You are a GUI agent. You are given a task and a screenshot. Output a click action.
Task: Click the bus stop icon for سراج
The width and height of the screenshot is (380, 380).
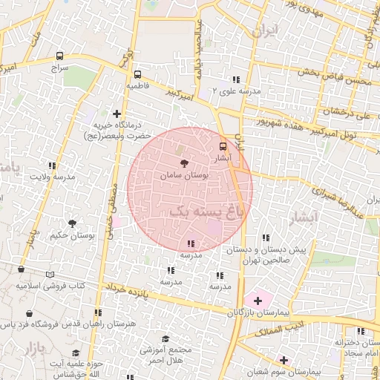59,56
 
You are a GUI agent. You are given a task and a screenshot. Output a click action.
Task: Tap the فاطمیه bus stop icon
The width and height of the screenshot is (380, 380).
137,75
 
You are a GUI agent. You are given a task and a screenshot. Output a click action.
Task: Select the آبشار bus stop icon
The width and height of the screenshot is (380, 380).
223,146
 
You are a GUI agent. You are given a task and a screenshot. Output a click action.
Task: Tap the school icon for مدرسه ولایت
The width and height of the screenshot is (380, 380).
52,166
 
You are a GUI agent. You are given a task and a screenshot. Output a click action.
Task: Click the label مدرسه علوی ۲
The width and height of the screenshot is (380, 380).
237,91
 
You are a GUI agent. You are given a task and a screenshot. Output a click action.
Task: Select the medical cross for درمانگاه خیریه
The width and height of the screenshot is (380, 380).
117,114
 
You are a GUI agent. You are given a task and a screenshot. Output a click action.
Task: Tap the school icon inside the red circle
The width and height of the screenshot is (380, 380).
191,243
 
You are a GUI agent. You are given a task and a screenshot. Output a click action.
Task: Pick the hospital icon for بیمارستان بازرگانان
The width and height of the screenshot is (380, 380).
258,301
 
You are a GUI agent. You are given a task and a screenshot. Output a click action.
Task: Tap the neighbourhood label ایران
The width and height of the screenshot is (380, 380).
264,32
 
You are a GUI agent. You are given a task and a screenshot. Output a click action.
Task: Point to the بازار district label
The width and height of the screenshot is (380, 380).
33,347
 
